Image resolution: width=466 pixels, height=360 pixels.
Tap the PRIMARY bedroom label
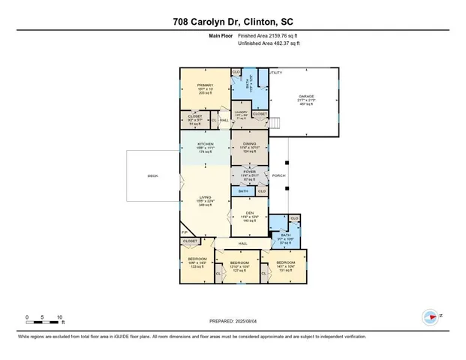pyautogui.click(x=205, y=85)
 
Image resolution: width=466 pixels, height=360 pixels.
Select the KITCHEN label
pyautogui.click(x=205, y=143)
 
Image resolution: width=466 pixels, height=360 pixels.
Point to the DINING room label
pyautogui.click(x=249, y=143)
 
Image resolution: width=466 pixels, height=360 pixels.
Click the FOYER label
pyautogui.click(x=249, y=172)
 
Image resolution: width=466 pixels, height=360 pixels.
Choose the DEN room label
pyautogui.click(x=249, y=213)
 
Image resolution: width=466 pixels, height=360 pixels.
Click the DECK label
pyautogui.click(x=152, y=177)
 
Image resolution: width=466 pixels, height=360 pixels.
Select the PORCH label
pyautogui.click(x=278, y=177)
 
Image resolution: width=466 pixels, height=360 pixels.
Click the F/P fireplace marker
pyautogui.click(x=184, y=233)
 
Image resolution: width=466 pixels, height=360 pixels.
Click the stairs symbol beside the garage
pyautogui.click(x=276, y=123)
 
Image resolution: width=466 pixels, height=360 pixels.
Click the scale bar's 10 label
pyautogui.click(x=60, y=316)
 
